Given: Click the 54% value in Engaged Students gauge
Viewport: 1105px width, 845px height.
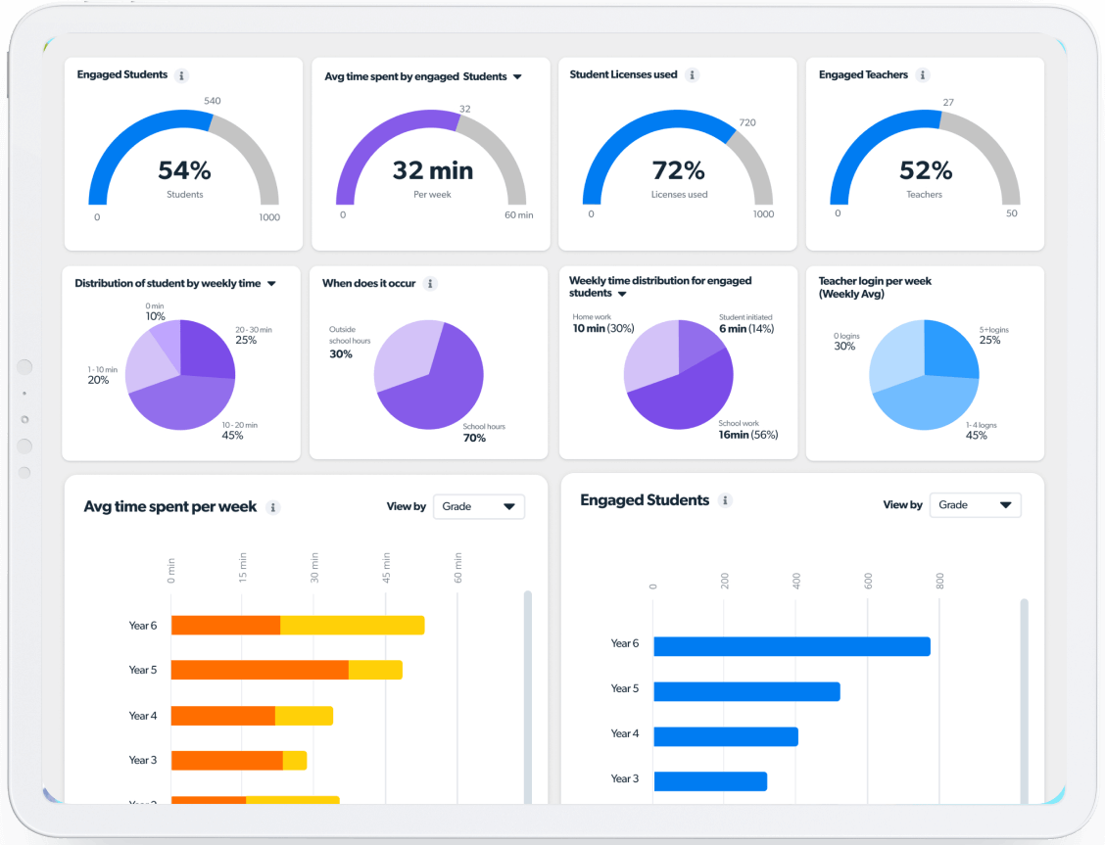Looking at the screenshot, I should coord(184,170).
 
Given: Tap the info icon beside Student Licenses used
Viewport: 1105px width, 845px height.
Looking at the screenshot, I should coord(693,75).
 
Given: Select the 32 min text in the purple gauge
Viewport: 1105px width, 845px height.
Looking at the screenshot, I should coord(432,170).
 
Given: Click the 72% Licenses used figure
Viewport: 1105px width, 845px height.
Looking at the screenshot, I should coord(679,170).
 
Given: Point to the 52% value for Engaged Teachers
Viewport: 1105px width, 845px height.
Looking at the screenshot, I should coord(925,170).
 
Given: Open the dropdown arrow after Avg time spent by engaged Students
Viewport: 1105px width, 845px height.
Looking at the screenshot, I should coord(517,76).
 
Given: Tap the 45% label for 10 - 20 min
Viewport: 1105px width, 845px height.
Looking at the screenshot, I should coord(233,436).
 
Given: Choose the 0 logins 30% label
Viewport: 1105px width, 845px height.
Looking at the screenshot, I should coord(843,346).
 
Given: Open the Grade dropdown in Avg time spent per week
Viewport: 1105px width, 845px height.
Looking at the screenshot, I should coord(478,507).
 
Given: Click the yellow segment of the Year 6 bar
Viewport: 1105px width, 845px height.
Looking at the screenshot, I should coord(352,626).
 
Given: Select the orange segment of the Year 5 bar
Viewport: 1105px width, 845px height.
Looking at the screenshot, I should coord(260,671).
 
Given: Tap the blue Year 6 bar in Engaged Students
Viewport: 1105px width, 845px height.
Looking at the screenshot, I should coord(791,646).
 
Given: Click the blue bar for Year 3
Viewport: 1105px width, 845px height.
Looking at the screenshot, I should coord(709,781).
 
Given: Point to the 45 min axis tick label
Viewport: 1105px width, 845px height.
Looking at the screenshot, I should coord(387,568).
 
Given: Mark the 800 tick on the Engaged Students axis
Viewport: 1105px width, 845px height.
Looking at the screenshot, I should coord(939,582).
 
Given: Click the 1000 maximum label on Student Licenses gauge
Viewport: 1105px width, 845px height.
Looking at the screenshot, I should coord(763,214).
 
